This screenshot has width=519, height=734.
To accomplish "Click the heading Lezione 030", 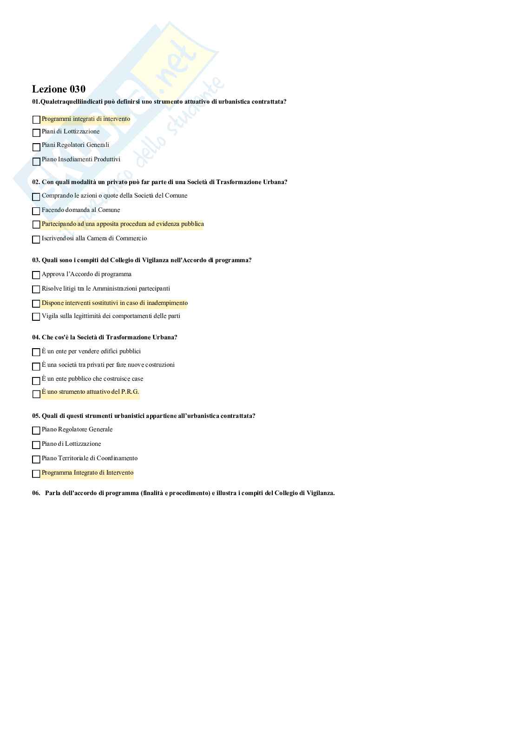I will pyautogui.click(x=59, y=89).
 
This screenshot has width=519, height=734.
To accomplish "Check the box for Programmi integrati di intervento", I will pyautogui.click(x=36, y=120).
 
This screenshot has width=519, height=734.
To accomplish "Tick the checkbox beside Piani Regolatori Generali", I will pyautogui.click(x=36, y=147).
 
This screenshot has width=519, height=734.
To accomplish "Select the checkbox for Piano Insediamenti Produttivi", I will pyautogui.click(x=36, y=162).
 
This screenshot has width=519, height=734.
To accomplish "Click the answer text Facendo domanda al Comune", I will pyautogui.click(x=81, y=210).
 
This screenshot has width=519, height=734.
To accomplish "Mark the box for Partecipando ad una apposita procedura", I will pyautogui.click(x=36, y=225).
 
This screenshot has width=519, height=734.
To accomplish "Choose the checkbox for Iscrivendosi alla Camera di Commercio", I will pyautogui.click(x=36, y=240).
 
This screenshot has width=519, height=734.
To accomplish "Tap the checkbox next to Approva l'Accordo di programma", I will pyautogui.click(x=36, y=275).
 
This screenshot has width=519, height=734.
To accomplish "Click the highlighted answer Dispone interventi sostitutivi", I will pyautogui.click(x=115, y=303).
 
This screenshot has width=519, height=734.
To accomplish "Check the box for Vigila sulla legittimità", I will pyautogui.click(x=36, y=317).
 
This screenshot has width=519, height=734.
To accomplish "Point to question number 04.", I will pyautogui.click(x=36, y=337).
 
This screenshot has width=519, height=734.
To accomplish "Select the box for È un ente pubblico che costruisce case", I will pyautogui.click(x=36, y=381).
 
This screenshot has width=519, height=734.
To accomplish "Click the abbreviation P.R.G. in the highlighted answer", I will pyautogui.click(x=130, y=392).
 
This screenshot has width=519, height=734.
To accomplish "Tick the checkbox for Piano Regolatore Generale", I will pyautogui.click(x=36, y=430).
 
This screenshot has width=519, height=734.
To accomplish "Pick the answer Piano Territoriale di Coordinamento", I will pyautogui.click(x=90, y=458).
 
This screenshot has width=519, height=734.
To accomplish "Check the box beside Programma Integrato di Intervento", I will pyautogui.click(x=36, y=474).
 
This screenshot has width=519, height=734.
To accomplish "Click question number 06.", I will pyautogui.click(x=36, y=493).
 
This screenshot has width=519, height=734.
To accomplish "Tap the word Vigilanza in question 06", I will pyautogui.click(x=320, y=493).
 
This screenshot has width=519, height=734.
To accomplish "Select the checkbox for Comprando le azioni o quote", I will pyautogui.click(x=36, y=197).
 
